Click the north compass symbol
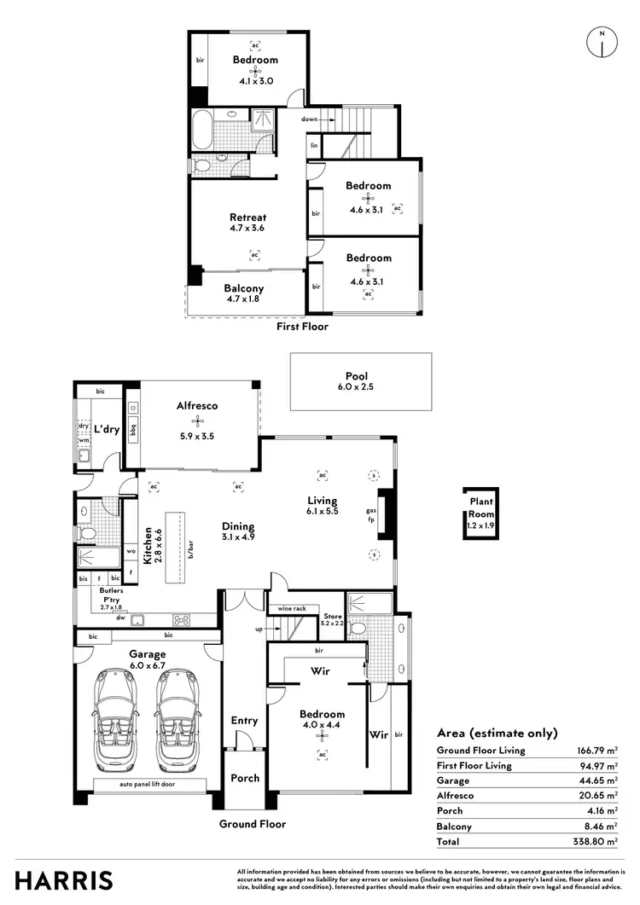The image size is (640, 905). click(602, 43)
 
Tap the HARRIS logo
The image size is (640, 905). click(64, 880)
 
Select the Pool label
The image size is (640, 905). click(356, 375)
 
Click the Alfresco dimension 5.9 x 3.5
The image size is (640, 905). click(198, 436)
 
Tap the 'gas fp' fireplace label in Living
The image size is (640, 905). click(371, 513)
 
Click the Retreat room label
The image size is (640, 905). click(247, 217)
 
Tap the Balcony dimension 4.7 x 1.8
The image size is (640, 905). click(244, 299)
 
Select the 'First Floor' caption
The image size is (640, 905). click(302, 326)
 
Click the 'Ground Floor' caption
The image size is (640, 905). click(253, 824)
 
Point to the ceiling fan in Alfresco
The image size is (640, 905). click(198, 421)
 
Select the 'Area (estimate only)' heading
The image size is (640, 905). click(497, 733)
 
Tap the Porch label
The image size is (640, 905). click(244, 778)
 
